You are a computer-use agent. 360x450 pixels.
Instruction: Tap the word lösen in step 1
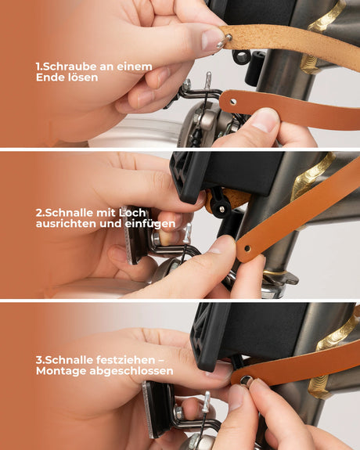tap(81, 78)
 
